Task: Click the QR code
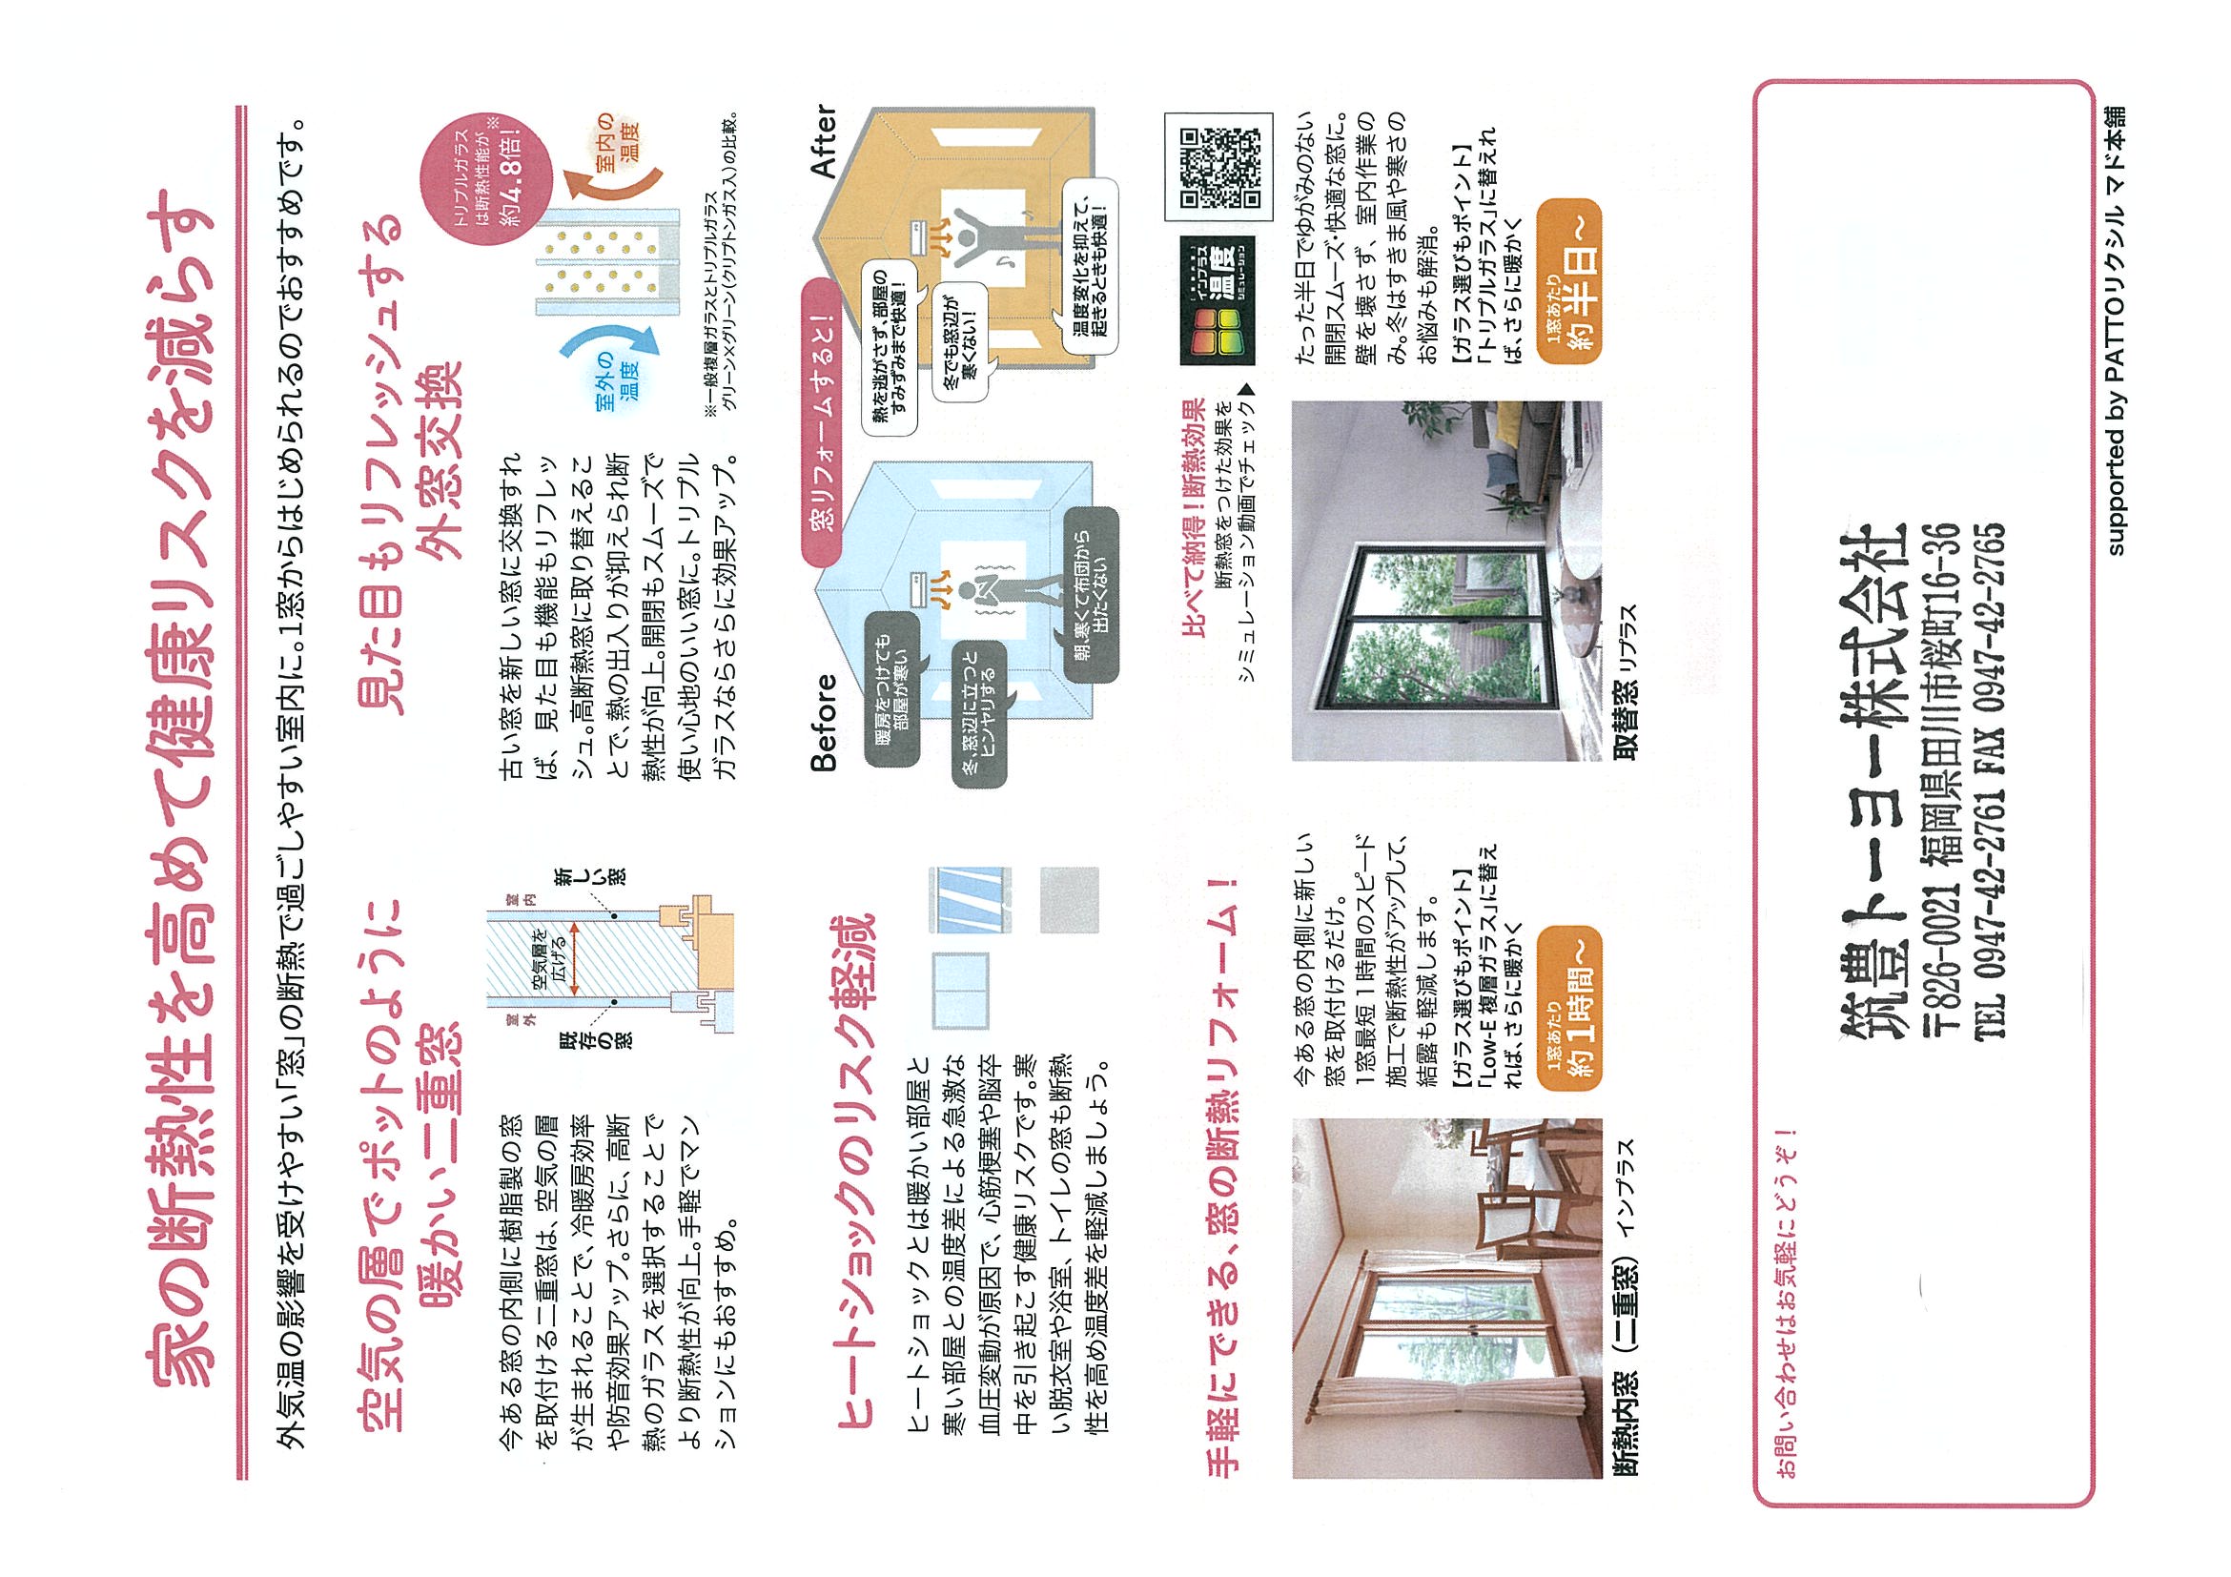click(x=1218, y=166)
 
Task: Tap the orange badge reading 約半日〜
click(x=1567, y=283)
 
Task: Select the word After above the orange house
click(x=823, y=141)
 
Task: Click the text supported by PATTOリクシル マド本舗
click(x=2114, y=330)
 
